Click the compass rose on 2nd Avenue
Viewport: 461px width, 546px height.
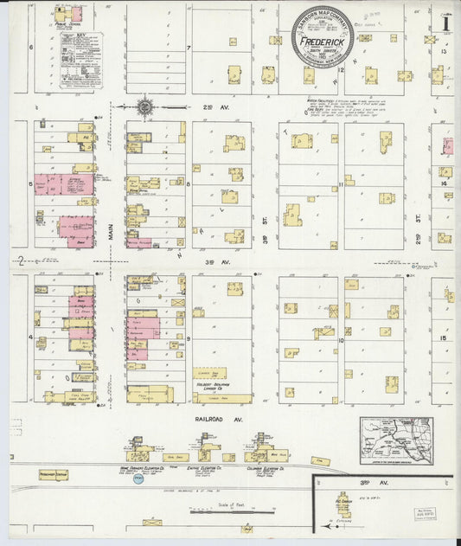coord(145,107)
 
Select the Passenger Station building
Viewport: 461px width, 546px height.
coord(53,474)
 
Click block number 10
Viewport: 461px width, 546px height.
coord(342,340)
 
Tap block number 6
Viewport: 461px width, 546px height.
coord(30,47)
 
